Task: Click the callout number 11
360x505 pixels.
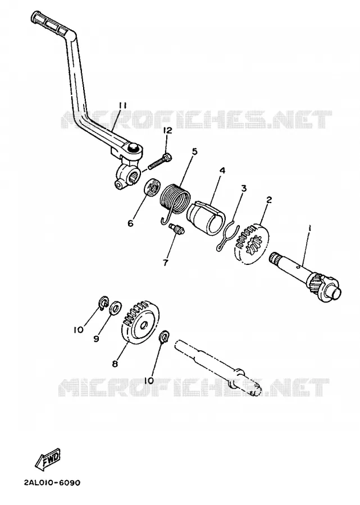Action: point(122,105)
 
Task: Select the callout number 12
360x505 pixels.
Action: point(167,131)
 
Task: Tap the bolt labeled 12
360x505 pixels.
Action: point(160,162)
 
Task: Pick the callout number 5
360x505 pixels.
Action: point(194,151)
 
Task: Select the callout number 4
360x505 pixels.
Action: point(222,171)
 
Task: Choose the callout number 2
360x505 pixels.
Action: point(269,200)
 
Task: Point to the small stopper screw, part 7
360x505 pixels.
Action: point(177,229)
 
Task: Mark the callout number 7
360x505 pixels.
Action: point(165,263)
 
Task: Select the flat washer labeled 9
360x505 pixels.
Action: point(115,308)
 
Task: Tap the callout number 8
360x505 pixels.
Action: point(115,364)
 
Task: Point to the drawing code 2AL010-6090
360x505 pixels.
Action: point(52,483)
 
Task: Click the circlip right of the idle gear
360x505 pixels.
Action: point(165,337)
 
